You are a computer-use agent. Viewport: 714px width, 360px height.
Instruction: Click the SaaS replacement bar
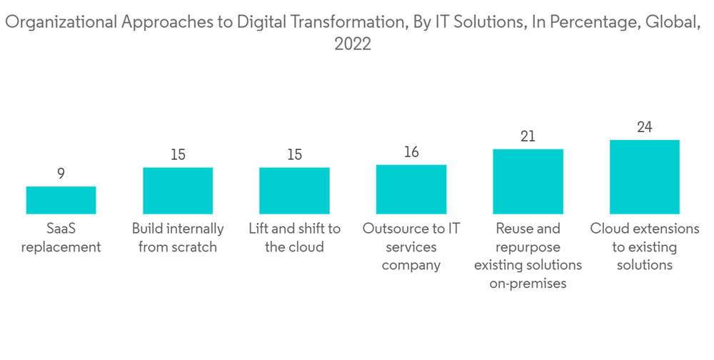point(61,200)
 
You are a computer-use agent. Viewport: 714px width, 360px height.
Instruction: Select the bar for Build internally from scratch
point(178,191)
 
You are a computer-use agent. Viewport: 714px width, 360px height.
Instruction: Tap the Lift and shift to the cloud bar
point(294,191)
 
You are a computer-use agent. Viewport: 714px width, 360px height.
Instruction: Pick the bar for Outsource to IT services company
point(411,189)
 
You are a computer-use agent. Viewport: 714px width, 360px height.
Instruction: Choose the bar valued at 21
point(528,181)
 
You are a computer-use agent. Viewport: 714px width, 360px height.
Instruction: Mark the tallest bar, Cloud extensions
point(644,177)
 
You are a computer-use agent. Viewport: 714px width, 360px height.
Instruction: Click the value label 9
point(61,173)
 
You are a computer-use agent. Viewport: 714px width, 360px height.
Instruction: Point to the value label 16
point(411,151)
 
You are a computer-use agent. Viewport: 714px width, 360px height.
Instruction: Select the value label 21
point(528,136)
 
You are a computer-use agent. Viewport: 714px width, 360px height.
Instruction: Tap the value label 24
point(644,126)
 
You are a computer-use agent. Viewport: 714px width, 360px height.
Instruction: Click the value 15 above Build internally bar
point(178,154)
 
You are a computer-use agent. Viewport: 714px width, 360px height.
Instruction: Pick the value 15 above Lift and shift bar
point(294,154)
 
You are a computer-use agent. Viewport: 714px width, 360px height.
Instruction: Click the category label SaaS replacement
point(61,238)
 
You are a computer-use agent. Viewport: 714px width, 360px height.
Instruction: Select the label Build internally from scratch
point(178,238)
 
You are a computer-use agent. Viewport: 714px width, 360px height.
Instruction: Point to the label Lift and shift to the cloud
point(294,238)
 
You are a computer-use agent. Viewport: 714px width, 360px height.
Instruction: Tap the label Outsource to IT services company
point(411,247)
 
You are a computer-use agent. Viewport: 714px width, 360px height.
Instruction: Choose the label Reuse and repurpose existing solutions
point(528,256)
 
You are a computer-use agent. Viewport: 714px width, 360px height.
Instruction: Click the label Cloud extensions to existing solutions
point(644,247)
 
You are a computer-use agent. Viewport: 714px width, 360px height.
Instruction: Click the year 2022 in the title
point(353,44)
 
